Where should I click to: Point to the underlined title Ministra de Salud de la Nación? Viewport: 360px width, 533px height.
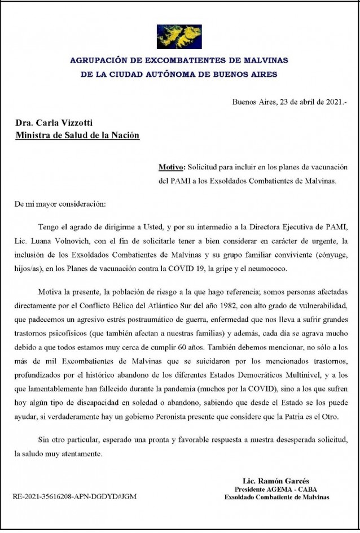pyautogui.click(x=77, y=136)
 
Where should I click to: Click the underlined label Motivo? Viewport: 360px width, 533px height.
pyautogui.click(x=171, y=168)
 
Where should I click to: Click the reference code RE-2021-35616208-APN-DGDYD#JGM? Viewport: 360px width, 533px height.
pyautogui.click(x=74, y=497)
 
